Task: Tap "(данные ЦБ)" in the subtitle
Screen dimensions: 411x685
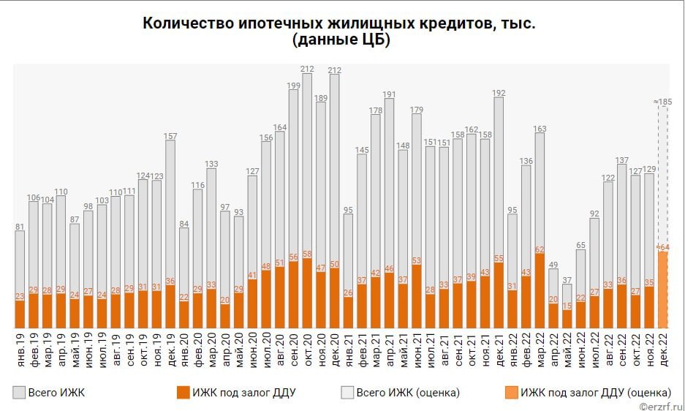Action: (x=341, y=41)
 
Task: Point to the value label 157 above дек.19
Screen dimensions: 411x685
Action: (x=170, y=135)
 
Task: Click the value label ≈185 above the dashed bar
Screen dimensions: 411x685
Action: (x=663, y=101)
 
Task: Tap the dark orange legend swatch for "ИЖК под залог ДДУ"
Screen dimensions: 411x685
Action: (x=183, y=393)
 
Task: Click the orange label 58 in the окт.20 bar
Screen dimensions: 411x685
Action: (x=307, y=254)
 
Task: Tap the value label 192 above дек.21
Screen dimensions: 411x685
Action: (x=499, y=93)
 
